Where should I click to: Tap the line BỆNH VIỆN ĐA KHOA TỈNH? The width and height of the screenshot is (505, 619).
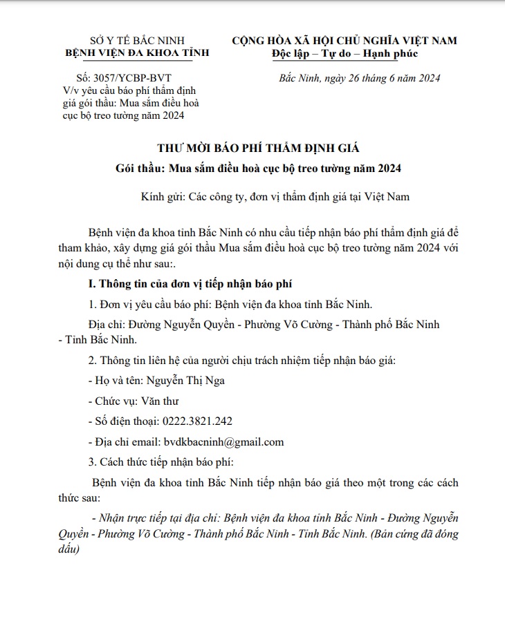tap(137, 53)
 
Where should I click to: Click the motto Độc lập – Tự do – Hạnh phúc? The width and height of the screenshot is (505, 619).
tap(345, 53)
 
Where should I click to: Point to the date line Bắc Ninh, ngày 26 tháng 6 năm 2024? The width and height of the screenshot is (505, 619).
tap(359, 78)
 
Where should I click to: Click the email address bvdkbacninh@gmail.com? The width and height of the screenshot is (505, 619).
tap(223, 442)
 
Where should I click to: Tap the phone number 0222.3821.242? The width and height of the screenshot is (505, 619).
tap(197, 421)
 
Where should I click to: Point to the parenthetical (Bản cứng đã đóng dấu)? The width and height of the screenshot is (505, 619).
tap(416, 535)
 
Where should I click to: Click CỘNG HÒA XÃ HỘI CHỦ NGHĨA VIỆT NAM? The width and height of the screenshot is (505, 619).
tap(345, 40)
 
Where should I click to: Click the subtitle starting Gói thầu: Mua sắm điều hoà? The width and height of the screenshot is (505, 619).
tap(259, 169)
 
